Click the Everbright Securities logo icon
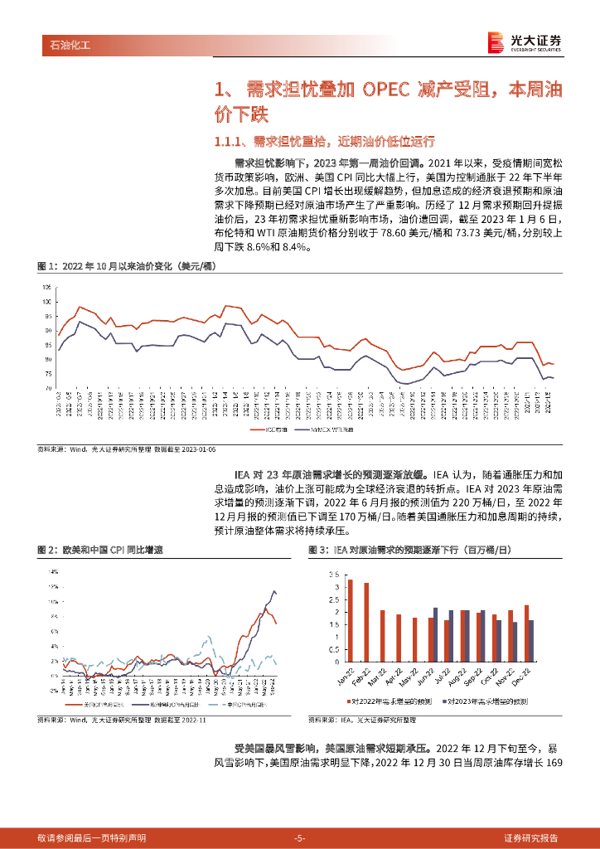496,41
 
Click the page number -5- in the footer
300,837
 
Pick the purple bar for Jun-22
435,634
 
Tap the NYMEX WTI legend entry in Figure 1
335,431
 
